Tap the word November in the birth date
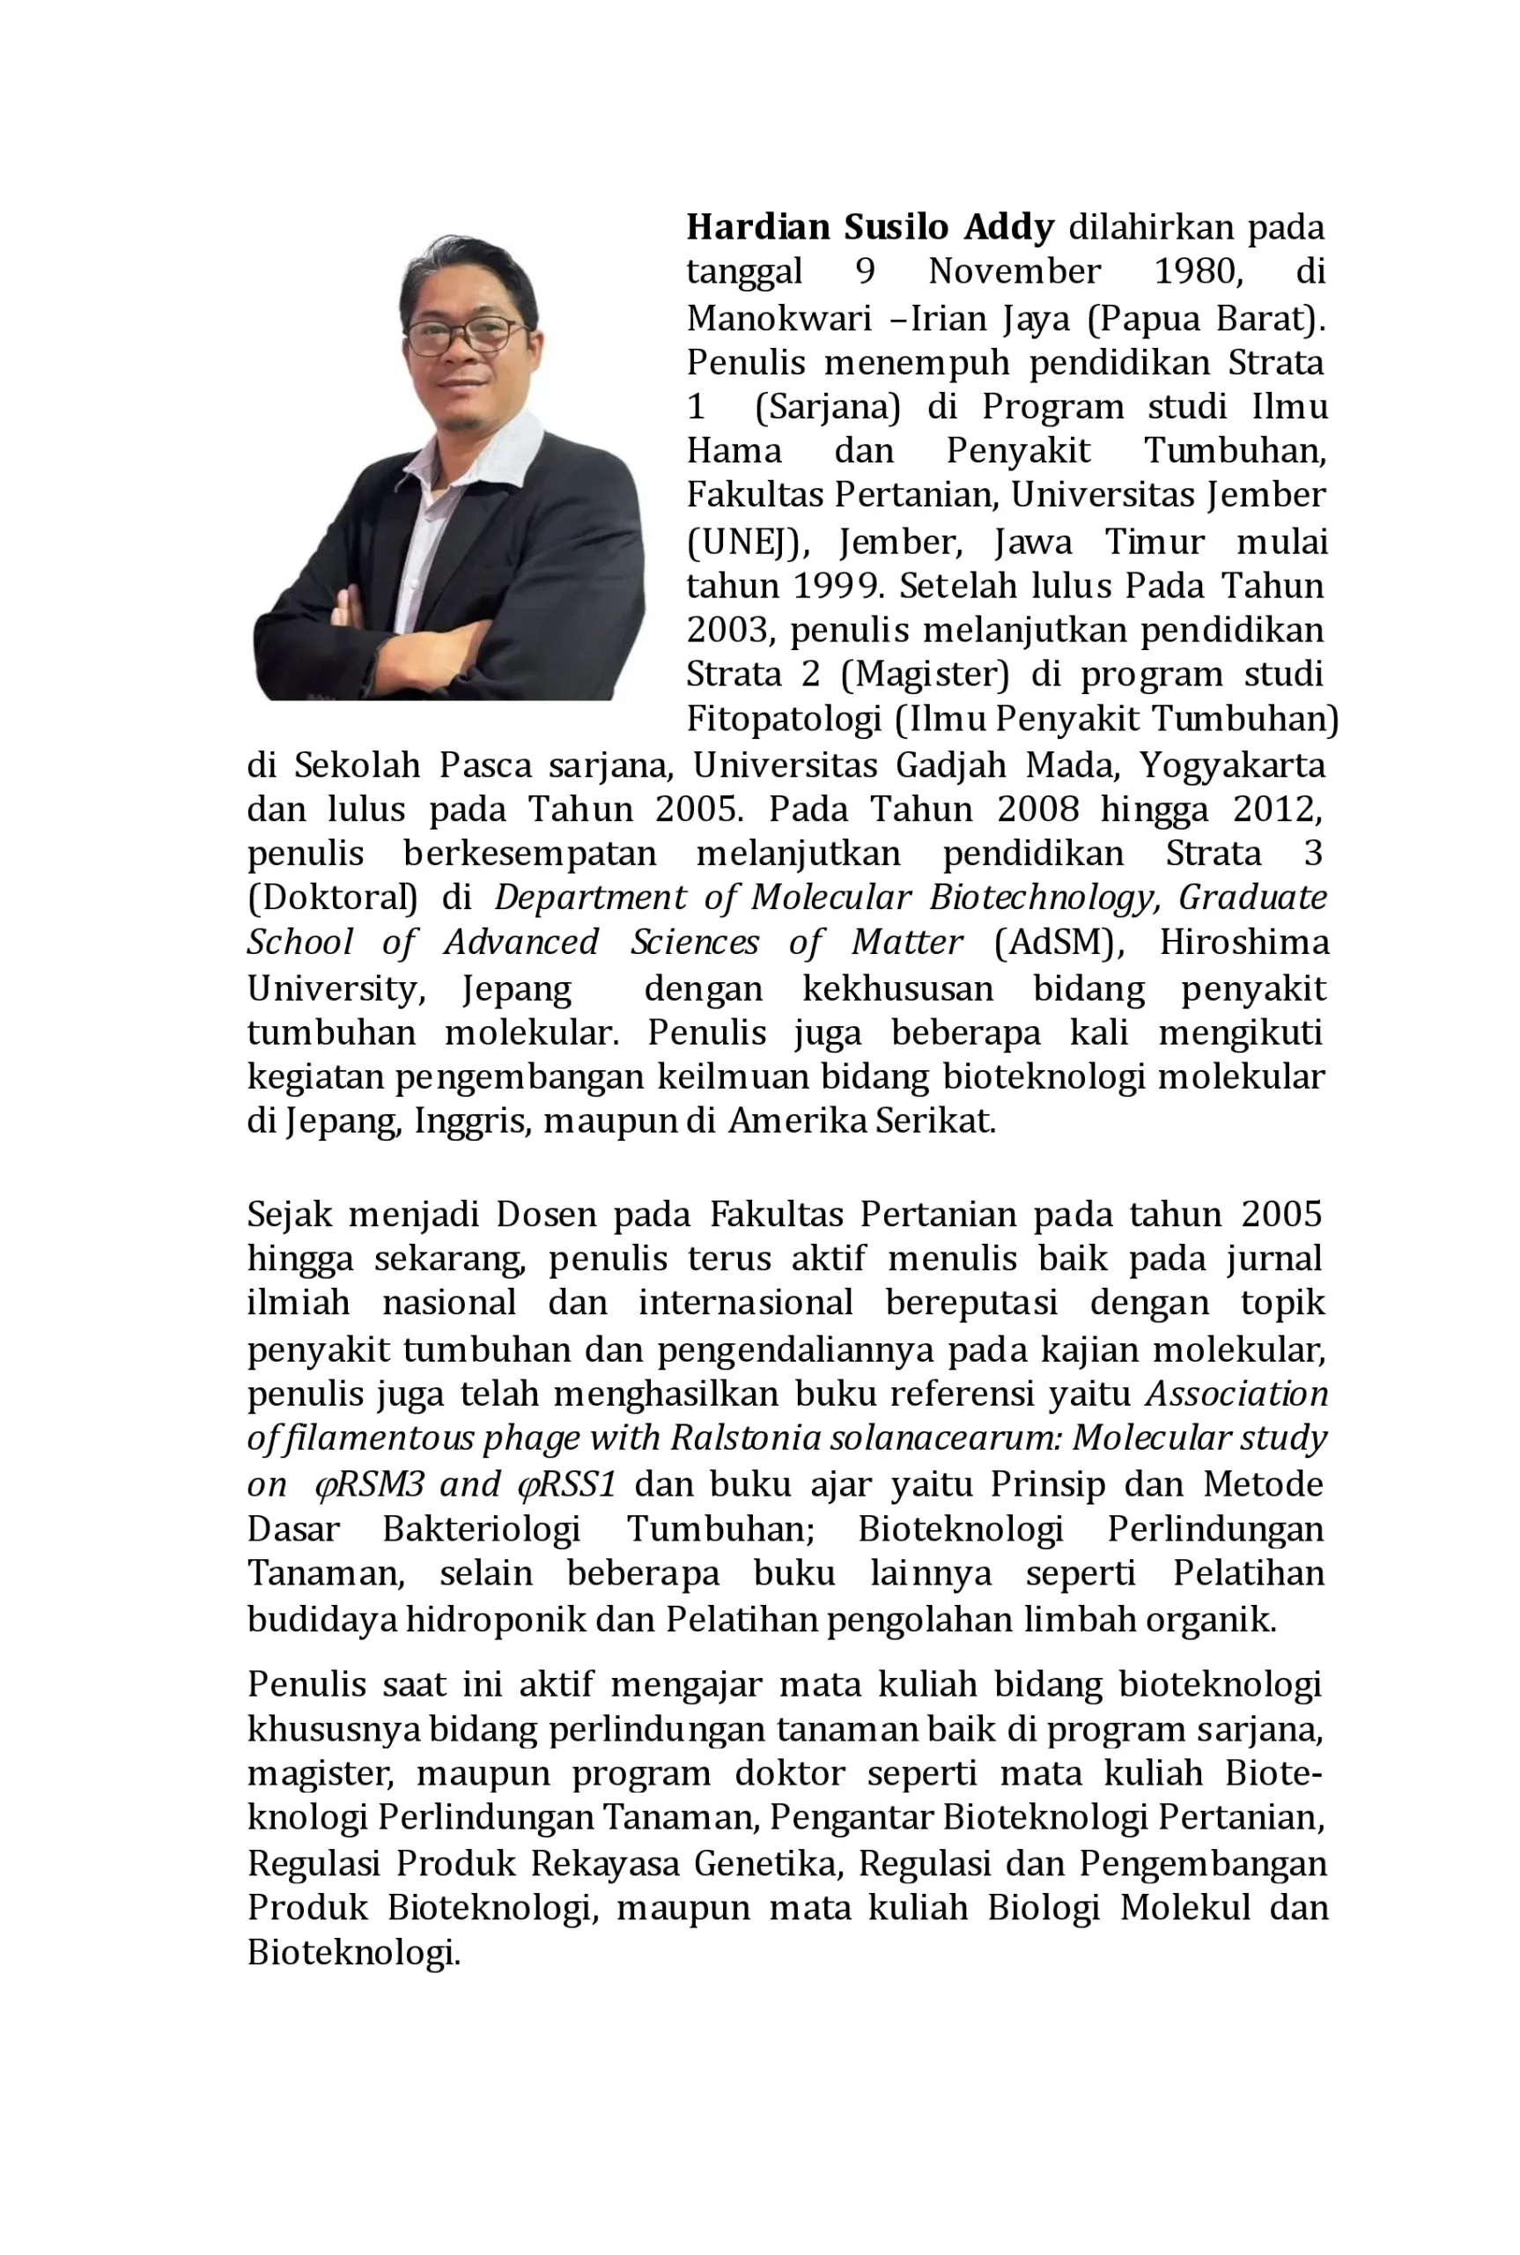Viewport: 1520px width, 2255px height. pos(1014,271)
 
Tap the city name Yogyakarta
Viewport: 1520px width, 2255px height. pos(1231,765)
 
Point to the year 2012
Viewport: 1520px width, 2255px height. pos(1277,809)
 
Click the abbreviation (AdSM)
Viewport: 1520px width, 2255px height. pos(1059,943)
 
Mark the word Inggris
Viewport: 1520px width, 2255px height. pos(473,1120)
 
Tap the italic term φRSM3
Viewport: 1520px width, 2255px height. pos(369,1484)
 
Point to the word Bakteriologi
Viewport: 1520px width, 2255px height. pos(481,1529)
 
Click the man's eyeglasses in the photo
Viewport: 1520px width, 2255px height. pos(464,336)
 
